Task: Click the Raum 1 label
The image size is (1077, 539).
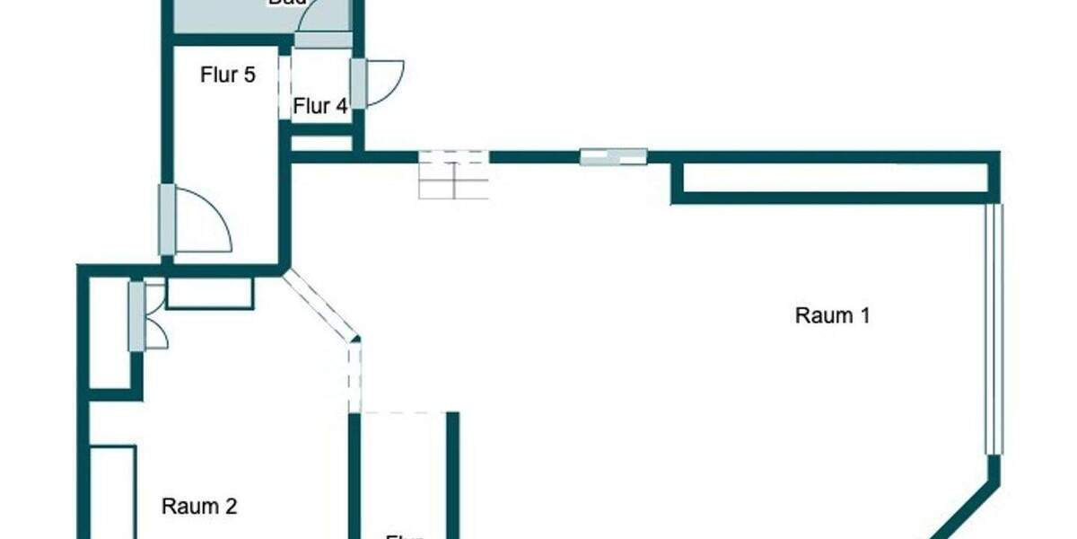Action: pos(833,315)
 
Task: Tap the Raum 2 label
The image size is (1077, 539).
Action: pos(199,506)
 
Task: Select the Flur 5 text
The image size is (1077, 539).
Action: pos(227,75)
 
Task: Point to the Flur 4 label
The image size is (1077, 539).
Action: pos(320,106)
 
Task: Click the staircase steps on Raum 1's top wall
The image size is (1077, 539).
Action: pos(454,174)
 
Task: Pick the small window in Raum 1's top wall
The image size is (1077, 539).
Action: pos(614,156)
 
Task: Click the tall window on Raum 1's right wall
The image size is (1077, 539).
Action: pos(993,329)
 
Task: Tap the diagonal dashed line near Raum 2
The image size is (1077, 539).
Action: pos(319,305)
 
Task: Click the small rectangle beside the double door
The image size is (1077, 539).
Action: pos(209,293)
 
